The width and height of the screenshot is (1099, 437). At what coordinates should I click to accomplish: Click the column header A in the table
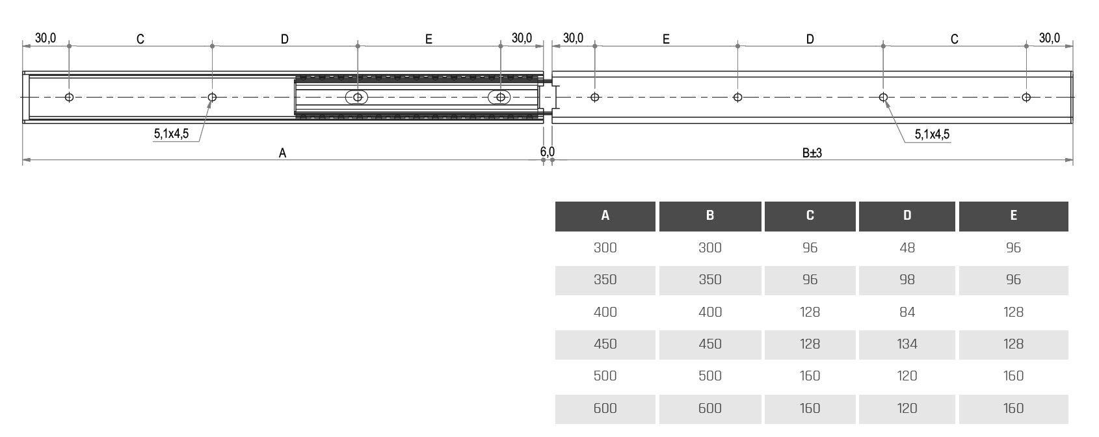(605, 216)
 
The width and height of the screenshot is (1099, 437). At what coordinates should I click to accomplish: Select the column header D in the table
(907, 216)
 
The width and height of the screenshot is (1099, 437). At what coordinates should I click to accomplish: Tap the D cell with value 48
(907, 248)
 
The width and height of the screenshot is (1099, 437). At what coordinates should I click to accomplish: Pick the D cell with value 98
(907, 280)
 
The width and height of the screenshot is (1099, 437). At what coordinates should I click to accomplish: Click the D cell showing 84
(907, 312)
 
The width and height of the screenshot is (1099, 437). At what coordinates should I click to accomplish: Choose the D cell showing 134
(907, 344)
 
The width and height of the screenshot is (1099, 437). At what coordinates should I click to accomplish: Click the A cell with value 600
(605, 408)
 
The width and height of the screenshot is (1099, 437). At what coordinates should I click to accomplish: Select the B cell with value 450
(709, 344)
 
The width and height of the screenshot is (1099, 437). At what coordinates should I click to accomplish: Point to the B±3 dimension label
(812, 153)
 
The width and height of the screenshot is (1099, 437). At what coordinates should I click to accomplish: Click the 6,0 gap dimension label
(547, 152)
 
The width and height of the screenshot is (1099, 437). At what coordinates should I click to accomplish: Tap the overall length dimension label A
(282, 153)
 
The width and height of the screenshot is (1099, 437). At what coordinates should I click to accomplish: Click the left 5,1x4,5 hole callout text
(171, 135)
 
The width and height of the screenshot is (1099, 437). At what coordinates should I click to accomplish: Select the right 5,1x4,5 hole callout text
(932, 135)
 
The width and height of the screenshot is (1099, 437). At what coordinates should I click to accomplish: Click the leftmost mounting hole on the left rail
(70, 98)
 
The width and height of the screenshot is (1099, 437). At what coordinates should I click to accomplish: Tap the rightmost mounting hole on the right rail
(1026, 98)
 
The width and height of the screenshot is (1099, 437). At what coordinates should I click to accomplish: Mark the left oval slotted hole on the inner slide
(357, 98)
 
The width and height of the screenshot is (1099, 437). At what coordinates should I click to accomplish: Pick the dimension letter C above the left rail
(140, 40)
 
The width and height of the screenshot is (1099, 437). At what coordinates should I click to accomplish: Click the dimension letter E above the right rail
(666, 40)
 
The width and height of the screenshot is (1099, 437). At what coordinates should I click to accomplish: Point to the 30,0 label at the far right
(1049, 38)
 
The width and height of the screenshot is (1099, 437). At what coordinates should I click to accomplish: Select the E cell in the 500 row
(1013, 376)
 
